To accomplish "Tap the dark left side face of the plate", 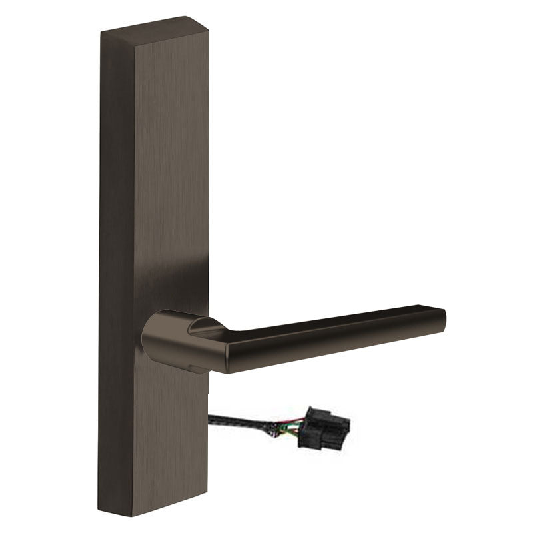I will (x=116, y=266).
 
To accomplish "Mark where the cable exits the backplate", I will (x=210, y=418).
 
